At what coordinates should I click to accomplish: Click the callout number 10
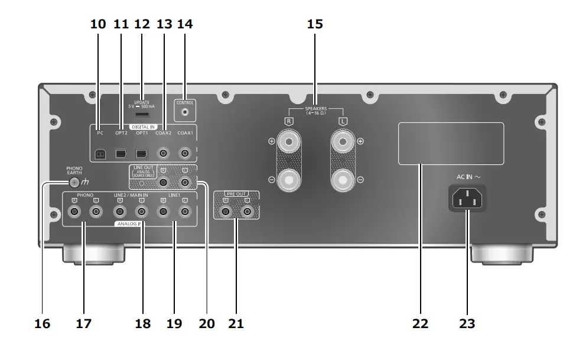tap(98, 24)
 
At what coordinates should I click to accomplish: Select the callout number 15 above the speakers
tap(315, 24)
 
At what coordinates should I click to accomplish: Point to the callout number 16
tap(42, 323)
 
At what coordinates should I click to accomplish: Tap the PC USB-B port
tap(100, 154)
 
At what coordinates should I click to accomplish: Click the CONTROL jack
tap(186, 111)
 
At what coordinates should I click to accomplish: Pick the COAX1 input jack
tap(186, 154)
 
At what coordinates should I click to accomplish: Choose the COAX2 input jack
tap(164, 154)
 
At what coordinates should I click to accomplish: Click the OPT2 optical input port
tap(121, 154)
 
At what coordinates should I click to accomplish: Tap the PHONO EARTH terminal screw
tap(74, 182)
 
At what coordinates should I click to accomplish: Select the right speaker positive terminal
tap(289, 142)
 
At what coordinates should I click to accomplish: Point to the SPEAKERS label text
tap(315, 110)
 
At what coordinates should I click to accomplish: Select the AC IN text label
tap(465, 176)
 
